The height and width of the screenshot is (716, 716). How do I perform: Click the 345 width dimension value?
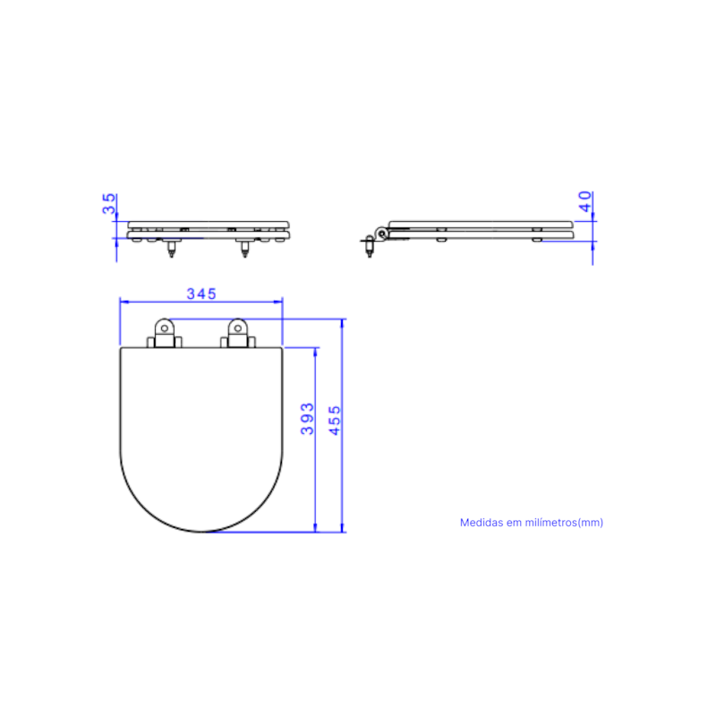coord(201,294)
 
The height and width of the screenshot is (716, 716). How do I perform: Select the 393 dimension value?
coord(307,419)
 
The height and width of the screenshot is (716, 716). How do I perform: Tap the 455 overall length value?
coord(335,421)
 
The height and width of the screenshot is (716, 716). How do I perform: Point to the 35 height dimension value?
coord(108,204)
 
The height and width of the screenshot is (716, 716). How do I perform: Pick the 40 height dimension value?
coord(585,201)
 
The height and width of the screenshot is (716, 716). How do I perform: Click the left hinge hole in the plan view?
coord(165,328)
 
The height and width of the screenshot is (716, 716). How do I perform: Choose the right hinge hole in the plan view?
coord(237,328)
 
